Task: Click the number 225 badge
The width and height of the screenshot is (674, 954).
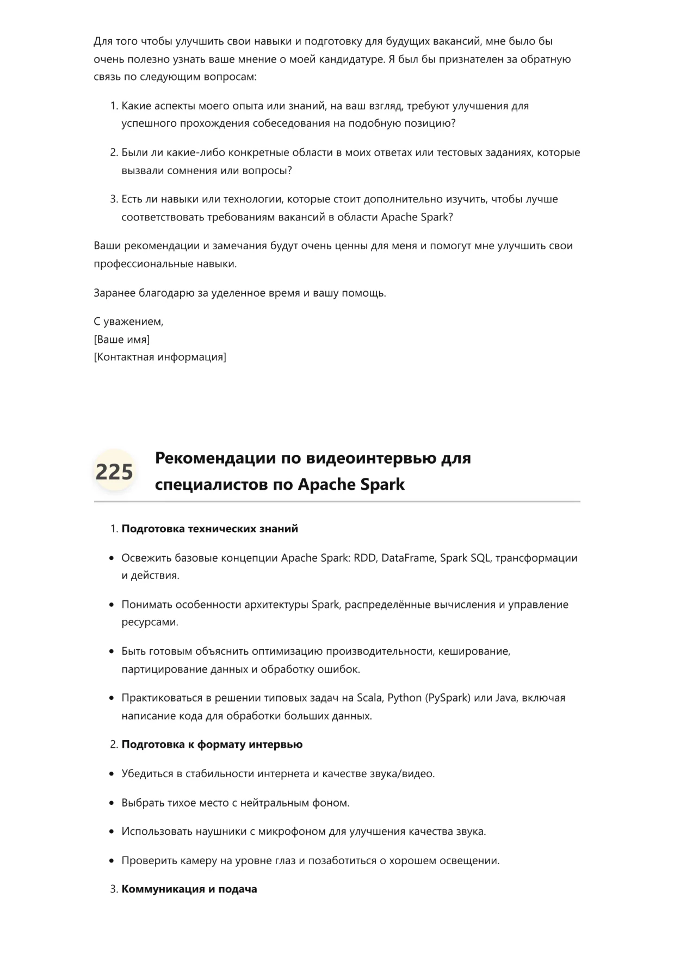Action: point(114,471)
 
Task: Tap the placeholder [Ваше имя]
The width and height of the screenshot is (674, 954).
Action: point(121,340)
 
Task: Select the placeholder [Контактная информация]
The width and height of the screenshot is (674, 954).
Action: point(160,357)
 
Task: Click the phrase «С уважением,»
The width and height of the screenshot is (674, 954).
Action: point(128,322)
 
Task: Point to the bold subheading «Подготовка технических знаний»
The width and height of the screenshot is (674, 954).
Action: point(209,528)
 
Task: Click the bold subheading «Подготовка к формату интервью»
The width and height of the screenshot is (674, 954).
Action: point(212,744)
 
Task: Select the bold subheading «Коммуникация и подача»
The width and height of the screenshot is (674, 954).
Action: point(189,889)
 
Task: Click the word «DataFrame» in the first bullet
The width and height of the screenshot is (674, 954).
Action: point(408,558)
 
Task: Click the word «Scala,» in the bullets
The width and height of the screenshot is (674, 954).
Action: point(370,698)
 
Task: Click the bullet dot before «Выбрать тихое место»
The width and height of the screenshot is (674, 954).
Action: point(112,803)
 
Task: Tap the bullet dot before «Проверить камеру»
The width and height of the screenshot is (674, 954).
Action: point(112,861)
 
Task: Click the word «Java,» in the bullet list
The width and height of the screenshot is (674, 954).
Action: point(506,698)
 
